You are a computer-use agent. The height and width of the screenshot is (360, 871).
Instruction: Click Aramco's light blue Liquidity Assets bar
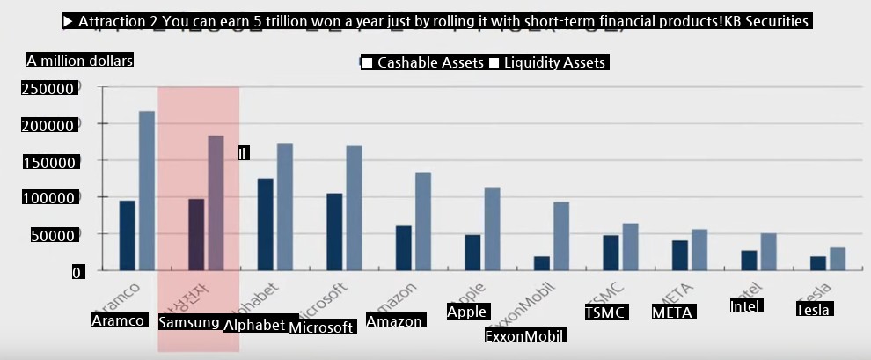pos(147,190)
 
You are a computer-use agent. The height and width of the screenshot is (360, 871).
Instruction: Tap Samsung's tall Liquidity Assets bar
pos(216,202)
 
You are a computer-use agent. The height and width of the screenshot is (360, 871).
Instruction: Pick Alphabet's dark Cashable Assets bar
pos(265,224)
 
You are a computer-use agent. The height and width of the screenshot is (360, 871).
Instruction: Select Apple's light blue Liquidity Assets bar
pos(492,229)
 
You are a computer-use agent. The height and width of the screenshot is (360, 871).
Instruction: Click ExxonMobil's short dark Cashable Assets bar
pos(542,263)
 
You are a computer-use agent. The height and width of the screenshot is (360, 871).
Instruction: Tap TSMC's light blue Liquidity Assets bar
pos(630,246)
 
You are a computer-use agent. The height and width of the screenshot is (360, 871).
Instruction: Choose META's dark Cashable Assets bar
pos(680,255)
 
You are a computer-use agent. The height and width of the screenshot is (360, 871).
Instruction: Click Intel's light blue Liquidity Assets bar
pos(769,252)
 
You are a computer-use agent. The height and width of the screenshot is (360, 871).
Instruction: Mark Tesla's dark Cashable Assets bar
pos(818,263)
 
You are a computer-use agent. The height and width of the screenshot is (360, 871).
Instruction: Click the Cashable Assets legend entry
pos(423,62)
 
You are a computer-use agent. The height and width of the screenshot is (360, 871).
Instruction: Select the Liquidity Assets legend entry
pos(546,62)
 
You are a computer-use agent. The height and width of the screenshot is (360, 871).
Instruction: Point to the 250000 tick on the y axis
pos(48,89)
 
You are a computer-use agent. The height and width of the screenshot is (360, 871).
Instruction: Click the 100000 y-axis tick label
pos(48,199)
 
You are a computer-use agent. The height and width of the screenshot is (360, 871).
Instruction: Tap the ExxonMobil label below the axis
pos(525,335)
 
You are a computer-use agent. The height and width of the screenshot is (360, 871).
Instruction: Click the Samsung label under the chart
pos(189,322)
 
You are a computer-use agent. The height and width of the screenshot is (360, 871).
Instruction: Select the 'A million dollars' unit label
pos(79,61)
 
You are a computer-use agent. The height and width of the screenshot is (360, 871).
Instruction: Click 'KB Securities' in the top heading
pos(765,21)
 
